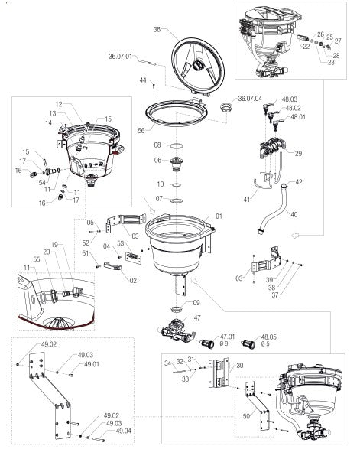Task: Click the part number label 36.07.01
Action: [121, 57]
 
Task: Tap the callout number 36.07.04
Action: [250, 98]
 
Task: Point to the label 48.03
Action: [290, 99]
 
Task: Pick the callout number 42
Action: [299, 181]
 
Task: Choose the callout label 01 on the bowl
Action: [219, 216]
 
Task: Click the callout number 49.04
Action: [123, 431]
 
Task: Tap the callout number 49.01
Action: [92, 364]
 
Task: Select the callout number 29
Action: [298, 154]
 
